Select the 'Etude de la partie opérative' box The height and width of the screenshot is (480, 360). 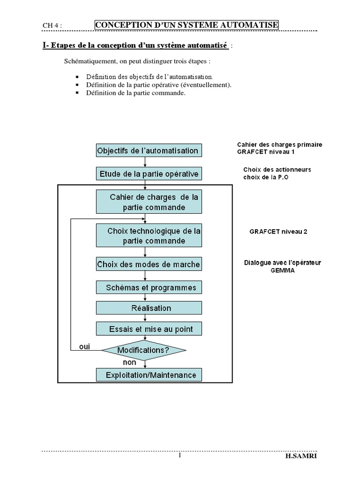click(x=149, y=174)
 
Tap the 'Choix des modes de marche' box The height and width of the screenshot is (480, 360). click(x=149, y=264)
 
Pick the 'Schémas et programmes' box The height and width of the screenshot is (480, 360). click(x=149, y=287)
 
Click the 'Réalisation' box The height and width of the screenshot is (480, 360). click(x=149, y=308)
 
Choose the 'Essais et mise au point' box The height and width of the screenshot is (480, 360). click(x=149, y=329)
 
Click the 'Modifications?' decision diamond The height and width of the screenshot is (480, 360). click(x=143, y=350)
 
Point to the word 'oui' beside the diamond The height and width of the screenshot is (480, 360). click(x=84, y=347)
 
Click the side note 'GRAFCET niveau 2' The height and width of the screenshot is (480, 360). click(x=278, y=232)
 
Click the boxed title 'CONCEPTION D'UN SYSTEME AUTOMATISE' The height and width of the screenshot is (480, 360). click(x=187, y=24)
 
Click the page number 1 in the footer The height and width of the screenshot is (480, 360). click(x=180, y=456)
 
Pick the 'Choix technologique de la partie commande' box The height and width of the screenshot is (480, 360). click(x=149, y=236)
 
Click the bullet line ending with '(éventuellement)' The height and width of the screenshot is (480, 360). click(x=159, y=85)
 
